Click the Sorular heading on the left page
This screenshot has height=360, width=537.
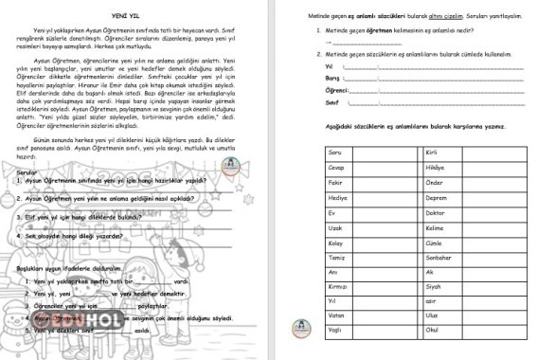point(28,171)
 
